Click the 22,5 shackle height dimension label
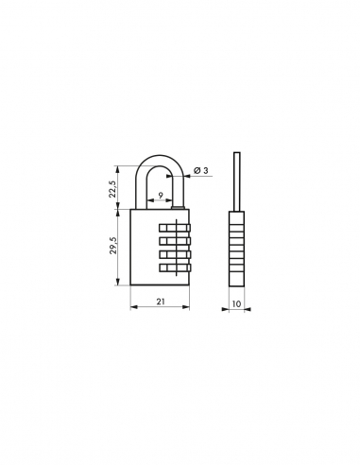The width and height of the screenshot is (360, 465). [111, 187]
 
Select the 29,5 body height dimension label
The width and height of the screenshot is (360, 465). [111, 249]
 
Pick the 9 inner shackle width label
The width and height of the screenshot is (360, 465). [161, 196]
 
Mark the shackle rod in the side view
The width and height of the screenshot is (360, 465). [236, 180]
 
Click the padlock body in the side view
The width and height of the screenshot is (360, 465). [236, 250]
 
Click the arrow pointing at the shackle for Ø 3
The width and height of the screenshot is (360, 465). [188, 171]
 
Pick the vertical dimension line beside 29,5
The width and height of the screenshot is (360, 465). [118, 249]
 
